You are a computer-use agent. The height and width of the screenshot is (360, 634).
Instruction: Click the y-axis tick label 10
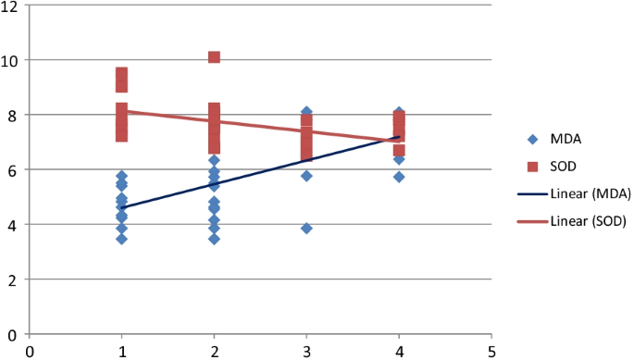[x=12, y=60]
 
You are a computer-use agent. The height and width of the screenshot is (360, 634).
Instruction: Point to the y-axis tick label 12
[x=12, y=6]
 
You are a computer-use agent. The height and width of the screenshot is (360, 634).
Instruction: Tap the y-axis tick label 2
[x=16, y=279]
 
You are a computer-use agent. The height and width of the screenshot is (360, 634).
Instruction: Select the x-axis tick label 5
[x=491, y=351]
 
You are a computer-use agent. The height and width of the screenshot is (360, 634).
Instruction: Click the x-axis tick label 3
[x=306, y=351]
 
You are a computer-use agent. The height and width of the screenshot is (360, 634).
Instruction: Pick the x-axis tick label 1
[x=121, y=351]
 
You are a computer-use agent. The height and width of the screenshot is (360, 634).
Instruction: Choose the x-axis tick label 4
[x=399, y=351]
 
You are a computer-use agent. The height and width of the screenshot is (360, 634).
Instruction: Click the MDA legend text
[x=575, y=141]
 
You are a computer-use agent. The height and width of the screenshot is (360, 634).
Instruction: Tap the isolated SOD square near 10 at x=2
[x=214, y=57]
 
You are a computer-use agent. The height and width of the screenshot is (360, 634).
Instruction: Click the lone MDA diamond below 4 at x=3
[x=306, y=228]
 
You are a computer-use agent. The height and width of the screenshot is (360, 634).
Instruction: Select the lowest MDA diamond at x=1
[x=121, y=239]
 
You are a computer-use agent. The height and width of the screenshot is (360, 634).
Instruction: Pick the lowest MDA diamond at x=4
[x=399, y=177]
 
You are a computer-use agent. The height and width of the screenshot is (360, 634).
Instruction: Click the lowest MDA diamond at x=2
[x=214, y=239]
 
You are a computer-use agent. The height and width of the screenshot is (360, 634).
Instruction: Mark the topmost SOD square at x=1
[x=121, y=72]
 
